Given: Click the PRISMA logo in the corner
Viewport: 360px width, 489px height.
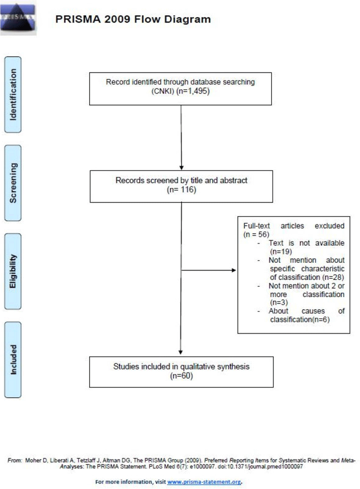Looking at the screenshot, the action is tap(18, 17).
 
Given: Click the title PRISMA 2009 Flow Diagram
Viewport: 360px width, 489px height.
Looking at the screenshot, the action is tap(133, 19).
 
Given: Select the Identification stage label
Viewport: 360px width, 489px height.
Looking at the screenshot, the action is tap(13, 94).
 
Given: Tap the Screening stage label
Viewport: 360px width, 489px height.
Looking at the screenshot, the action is tap(13, 183).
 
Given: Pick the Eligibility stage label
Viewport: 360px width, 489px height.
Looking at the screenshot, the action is tap(13, 271).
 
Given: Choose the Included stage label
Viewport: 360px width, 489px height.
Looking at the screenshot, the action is tap(13, 360).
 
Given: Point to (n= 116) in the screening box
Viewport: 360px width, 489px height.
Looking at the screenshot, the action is tap(182, 190).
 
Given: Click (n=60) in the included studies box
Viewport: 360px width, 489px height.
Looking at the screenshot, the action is tap(181, 376).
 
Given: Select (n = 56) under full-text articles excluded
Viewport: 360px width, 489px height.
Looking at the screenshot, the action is tap(256, 234).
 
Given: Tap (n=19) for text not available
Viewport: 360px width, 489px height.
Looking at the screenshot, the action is tap(281, 251).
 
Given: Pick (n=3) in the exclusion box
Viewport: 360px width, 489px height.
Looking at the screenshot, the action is tap(279, 302).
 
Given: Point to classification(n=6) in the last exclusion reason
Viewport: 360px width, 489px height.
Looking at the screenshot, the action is tap(300, 320).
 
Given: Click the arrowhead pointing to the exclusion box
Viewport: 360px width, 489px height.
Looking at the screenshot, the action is tap(234, 270).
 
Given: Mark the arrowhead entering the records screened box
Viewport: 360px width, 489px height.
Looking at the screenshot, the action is tap(181, 168).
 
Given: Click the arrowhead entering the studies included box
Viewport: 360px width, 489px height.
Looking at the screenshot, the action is tap(181, 352).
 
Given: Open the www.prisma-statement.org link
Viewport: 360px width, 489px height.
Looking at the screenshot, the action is tap(204, 482).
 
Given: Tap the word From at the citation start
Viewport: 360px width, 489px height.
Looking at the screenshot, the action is tap(15, 460).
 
